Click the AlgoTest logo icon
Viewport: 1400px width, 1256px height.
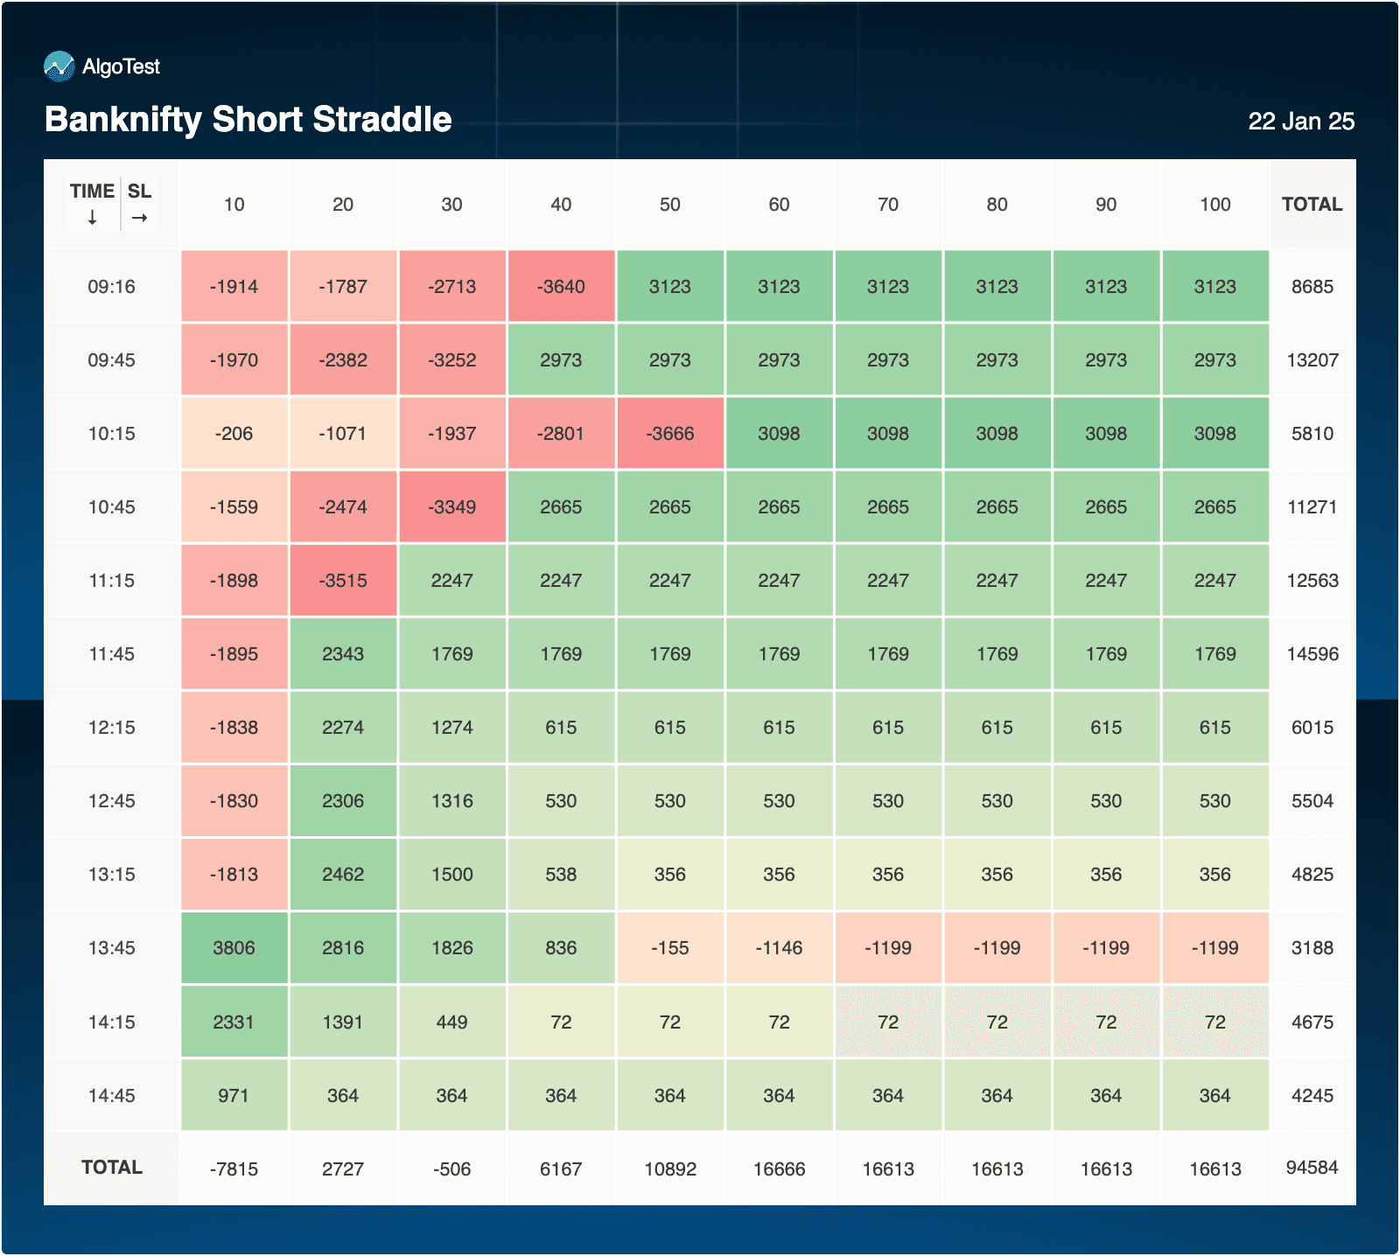(59, 66)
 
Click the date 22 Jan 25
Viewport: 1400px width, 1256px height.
(1301, 122)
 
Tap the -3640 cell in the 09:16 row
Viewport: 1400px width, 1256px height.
(561, 287)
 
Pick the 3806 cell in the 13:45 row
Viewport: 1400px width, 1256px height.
(234, 948)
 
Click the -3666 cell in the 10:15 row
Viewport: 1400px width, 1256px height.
(670, 434)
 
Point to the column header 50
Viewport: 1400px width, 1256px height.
(670, 205)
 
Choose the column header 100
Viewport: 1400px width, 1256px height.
(1215, 205)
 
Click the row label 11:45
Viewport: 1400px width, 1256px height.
(111, 654)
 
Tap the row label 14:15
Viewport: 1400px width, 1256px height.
(111, 1022)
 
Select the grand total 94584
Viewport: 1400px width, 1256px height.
(1312, 1168)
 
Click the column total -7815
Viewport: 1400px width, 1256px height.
(234, 1169)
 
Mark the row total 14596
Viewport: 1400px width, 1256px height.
(1312, 654)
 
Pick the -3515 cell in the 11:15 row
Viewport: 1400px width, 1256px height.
(343, 581)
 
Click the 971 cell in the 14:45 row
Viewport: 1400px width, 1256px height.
(234, 1096)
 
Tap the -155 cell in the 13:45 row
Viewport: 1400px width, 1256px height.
(670, 948)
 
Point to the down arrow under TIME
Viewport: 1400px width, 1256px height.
(92, 218)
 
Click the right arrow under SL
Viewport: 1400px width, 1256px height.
(140, 218)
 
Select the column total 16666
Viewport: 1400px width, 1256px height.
(779, 1169)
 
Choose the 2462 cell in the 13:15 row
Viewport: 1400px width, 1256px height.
(343, 875)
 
